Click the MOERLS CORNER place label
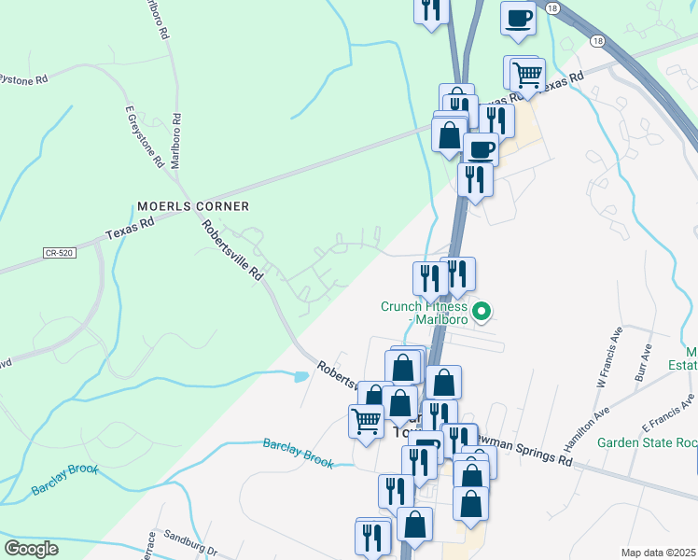pyautogui.click(x=193, y=205)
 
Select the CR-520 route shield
pyautogui.click(x=58, y=252)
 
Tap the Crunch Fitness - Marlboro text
pyautogui.click(x=425, y=313)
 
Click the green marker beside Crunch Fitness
pyautogui.click(x=482, y=312)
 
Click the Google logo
pyautogui.click(x=31, y=549)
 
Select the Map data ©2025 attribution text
pyautogui.click(x=658, y=553)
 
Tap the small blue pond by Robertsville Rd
pyautogui.click(x=300, y=377)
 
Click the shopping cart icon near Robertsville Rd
pyautogui.click(x=366, y=421)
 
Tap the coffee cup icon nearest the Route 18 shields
pyautogui.click(x=518, y=18)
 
